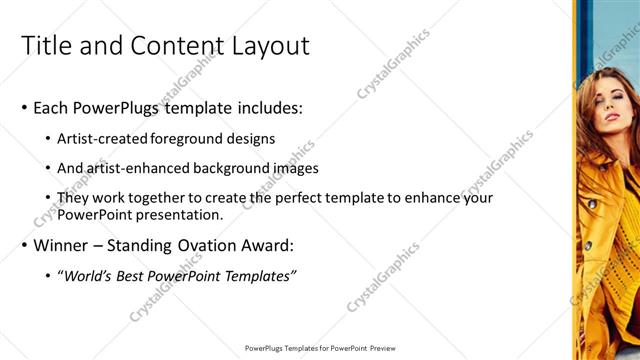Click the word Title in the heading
point(46,46)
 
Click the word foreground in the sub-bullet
point(191,140)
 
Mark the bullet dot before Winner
point(24,245)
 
